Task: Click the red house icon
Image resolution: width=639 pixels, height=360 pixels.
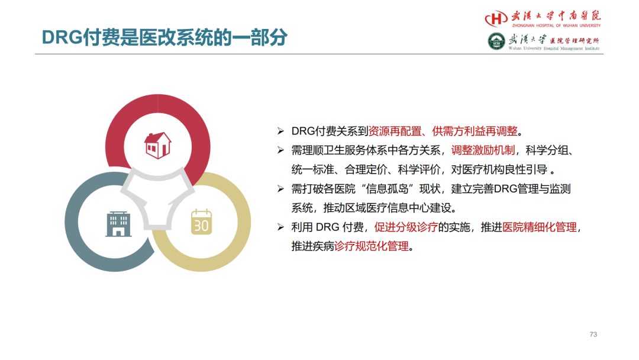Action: (158, 145)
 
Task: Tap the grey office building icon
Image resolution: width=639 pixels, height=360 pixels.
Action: (118, 224)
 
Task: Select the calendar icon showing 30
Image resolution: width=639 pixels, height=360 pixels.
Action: (201, 222)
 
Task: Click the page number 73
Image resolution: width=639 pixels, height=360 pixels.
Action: (593, 335)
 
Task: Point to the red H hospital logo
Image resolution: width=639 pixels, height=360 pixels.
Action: (496, 18)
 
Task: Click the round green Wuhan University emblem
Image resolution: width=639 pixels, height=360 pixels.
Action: (496, 41)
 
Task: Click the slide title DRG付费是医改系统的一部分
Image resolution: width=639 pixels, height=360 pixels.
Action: (164, 37)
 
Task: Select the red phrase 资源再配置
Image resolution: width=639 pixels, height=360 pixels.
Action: (395, 131)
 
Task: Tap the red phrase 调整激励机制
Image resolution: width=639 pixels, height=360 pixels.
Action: (483, 150)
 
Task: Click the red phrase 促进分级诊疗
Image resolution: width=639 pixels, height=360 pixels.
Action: (406, 227)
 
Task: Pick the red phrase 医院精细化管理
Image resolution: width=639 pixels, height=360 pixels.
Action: (540, 227)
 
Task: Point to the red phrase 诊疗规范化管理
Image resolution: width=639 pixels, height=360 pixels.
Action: (371, 246)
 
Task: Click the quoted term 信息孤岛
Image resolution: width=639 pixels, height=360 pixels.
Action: (387, 189)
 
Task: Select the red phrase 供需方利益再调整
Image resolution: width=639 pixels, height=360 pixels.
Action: (475, 131)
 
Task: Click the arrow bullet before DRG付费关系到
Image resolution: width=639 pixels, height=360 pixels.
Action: (281, 131)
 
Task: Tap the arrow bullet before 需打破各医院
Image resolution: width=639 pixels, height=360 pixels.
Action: (281, 188)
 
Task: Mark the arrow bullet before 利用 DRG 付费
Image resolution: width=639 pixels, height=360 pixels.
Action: (281, 227)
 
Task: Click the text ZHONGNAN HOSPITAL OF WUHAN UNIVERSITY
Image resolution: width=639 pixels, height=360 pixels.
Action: (556, 25)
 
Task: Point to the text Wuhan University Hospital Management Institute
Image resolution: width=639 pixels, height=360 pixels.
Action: (554, 48)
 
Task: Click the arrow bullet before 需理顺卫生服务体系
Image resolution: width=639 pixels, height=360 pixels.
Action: (281, 150)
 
